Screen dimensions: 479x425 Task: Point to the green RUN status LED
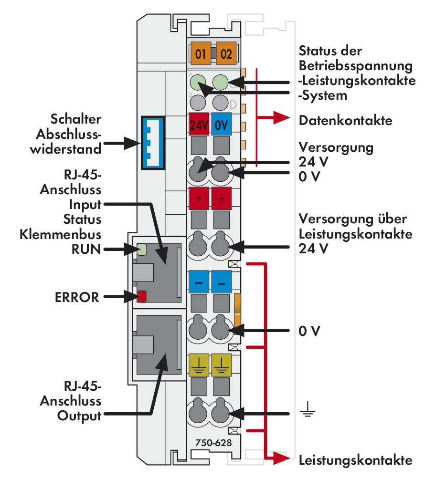pos(142,249)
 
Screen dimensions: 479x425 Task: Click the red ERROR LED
pos(141,297)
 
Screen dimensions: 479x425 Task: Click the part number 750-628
pos(213,442)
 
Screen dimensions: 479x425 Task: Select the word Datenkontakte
pos(345,121)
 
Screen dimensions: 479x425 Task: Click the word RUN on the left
pos(87,248)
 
